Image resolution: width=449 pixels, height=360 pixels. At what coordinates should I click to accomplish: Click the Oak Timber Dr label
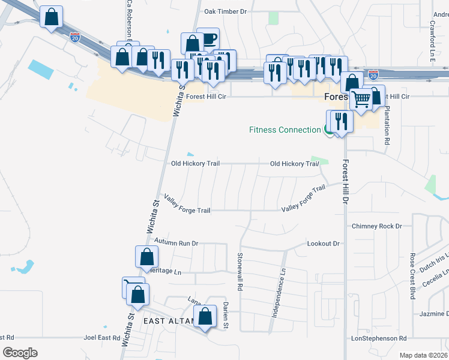coord(226,11)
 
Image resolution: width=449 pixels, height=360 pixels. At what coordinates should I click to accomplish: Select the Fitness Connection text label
coord(285,130)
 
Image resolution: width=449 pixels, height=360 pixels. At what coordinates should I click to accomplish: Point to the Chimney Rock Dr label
coord(376,226)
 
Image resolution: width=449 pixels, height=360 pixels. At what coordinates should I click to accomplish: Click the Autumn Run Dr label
coord(176,243)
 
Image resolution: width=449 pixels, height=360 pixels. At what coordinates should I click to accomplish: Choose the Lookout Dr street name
coord(324,244)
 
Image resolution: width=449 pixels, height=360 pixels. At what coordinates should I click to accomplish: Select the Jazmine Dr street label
coord(432,314)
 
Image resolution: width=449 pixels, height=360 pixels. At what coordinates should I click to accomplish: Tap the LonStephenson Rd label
coord(379,338)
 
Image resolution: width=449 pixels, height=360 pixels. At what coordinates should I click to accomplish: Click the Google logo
coord(20,352)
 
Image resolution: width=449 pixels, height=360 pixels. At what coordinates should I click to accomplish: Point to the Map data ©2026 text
coord(423,355)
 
